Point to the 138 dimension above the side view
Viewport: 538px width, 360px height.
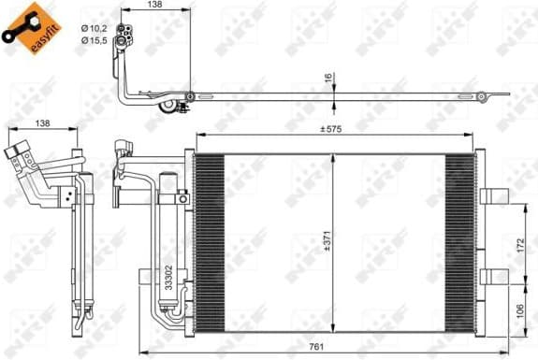point(43,122)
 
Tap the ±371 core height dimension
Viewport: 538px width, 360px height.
point(325,241)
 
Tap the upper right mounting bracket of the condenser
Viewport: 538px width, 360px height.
point(495,194)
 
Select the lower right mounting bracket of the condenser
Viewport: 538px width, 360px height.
point(495,275)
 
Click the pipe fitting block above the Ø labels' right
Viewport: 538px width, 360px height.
point(124,35)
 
